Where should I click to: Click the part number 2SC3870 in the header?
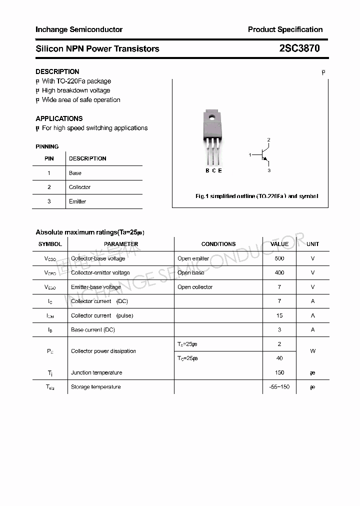coord(299,48)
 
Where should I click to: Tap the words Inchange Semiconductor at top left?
coord(79,29)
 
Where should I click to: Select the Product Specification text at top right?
coord(285,29)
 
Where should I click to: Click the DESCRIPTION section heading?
coord(57,71)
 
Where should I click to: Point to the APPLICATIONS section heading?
coord(59,118)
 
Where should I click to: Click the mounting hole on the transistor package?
coord(212,118)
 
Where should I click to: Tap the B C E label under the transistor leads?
coord(213,170)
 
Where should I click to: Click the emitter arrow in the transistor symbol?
coord(265,160)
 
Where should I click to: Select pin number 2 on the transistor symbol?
coord(268,139)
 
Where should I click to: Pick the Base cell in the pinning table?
coord(75,173)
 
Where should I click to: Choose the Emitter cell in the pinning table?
coord(77,201)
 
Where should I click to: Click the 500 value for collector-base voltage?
coord(279,258)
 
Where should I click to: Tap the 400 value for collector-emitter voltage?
coord(279,272)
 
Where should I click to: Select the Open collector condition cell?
coord(195,287)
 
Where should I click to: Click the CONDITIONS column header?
coord(218,244)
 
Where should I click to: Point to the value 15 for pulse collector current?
coord(279,315)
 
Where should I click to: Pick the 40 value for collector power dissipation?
coord(279,358)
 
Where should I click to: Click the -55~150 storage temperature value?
coord(279,387)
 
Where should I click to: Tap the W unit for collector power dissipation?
coord(312,351)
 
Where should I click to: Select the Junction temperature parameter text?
coord(96,372)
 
